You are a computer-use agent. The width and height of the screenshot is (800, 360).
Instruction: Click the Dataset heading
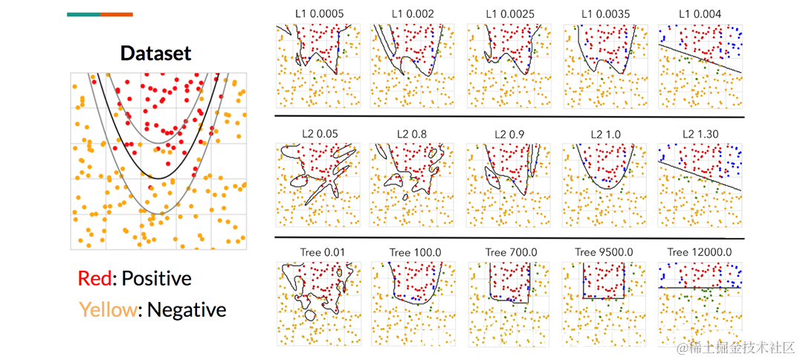click(155, 54)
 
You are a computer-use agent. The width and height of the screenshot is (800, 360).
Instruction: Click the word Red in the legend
click(94, 279)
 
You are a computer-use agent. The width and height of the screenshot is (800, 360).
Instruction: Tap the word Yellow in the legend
click(109, 309)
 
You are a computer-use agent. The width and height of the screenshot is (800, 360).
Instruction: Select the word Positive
click(156, 279)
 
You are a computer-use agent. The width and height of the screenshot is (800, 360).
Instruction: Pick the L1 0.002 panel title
click(413, 14)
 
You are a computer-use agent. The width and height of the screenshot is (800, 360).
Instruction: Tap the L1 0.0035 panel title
click(605, 14)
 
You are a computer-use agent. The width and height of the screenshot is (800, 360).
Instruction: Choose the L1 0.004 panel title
click(700, 14)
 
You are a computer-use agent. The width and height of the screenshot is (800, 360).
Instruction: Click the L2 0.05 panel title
click(318, 135)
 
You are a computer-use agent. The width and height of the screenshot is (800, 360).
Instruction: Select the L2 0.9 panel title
click(509, 135)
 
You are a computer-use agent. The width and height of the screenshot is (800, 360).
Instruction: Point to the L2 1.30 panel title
click(700, 135)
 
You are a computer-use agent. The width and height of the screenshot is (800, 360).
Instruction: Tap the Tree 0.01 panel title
click(318, 253)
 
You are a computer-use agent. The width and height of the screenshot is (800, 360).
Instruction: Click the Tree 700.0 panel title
click(509, 253)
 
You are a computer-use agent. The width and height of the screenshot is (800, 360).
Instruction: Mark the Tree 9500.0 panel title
click(605, 253)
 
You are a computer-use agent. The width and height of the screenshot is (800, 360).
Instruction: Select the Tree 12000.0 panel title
click(700, 253)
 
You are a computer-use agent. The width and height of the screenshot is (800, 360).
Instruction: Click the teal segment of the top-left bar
click(83, 14)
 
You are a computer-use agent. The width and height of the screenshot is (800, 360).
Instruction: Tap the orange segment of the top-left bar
click(117, 14)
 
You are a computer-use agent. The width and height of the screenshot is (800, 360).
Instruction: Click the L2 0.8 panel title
click(413, 135)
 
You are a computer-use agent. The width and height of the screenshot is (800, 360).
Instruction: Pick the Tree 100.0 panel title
click(413, 253)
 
